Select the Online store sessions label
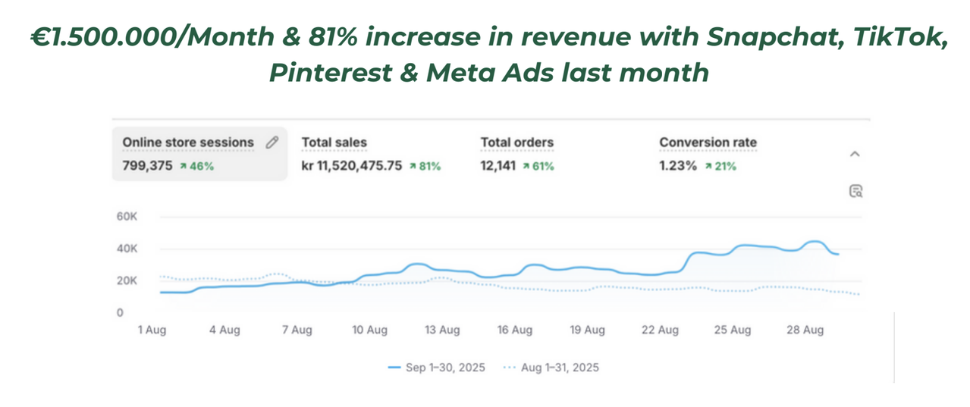[188, 142]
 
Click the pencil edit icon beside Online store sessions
[272, 142]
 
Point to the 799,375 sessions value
[147, 166]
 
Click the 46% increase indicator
[196, 166]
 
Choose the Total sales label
[334, 142]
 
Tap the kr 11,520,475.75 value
[352, 166]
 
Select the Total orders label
[516, 142]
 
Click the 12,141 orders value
[498, 166]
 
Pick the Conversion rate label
[708, 142]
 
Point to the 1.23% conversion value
[677, 166]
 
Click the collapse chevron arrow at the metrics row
[855, 154]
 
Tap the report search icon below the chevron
[855, 190]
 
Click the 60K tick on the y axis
[126, 217]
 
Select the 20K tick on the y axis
[126, 280]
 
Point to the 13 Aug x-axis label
[441, 330]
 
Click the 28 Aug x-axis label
[805, 330]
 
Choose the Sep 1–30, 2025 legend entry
[436, 368]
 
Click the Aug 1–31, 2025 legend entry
[551, 368]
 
